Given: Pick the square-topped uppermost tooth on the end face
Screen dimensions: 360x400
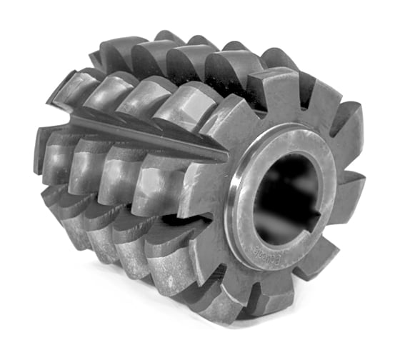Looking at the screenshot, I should click(x=282, y=86).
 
